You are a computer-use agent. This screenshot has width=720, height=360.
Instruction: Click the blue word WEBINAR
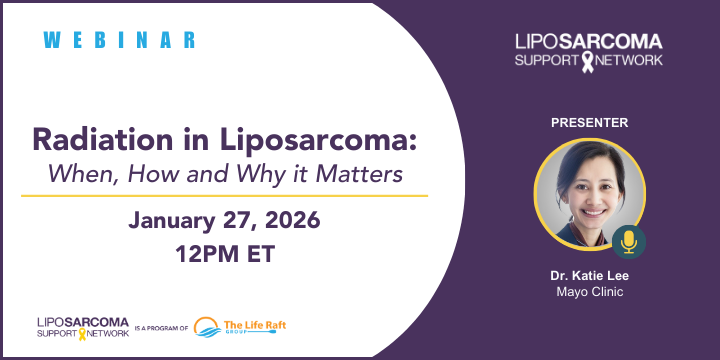click(120, 40)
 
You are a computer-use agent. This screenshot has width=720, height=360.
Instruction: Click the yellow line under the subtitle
click(224, 196)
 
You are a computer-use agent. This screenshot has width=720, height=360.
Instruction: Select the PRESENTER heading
click(589, 122)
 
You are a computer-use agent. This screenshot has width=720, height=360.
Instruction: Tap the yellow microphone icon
click(629, 241)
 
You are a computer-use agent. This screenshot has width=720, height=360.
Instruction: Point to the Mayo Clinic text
click(589, 291)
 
